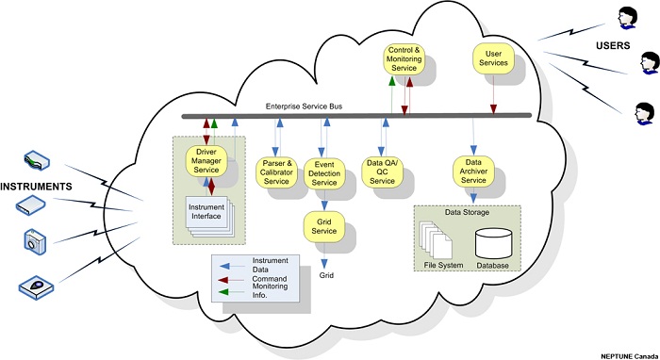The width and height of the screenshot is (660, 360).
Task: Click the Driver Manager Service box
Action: pyautogui.click(x=206, y=161)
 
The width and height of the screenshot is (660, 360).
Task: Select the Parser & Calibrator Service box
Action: pyautogui.click(x=276, y=172)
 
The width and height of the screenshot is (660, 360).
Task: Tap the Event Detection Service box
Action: pyautogui.click(x=324, y=173)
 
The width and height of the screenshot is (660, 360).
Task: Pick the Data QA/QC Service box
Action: pyautogui.click(x=382, y=172)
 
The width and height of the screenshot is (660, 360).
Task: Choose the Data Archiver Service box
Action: pyautogui.click(x=473, y=172)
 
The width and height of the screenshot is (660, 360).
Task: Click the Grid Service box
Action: pyautogui.click(x=324, y=227)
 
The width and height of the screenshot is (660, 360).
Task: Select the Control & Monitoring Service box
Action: pyautogui.click(x=404, y=59)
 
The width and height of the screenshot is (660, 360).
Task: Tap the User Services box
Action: pyautogui.click(x=493, y=58)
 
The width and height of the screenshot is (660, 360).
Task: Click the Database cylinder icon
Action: pyautogui.click(x=494, y=243)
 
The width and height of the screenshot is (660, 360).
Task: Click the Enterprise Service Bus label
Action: pyautogui.click(x=304, y=106)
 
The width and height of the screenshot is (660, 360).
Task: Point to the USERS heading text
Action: pyautogui.click(x=613, y=45)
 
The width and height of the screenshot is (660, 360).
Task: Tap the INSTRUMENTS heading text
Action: pyautogui.click(x=36, y=187)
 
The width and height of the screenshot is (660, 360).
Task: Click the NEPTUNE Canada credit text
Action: pyautogui.click(x=630, y=356)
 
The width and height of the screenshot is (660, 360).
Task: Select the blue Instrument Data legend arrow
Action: pyautogui.click(x=232, y=266)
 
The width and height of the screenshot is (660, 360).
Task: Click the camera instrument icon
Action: pyautogui.click(x=35, y=241)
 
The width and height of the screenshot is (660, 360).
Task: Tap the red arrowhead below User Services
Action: pyautogui.click(x=493, y=109)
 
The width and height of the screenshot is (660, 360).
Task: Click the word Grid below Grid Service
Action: pyautogui.click(x=326, y=275)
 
